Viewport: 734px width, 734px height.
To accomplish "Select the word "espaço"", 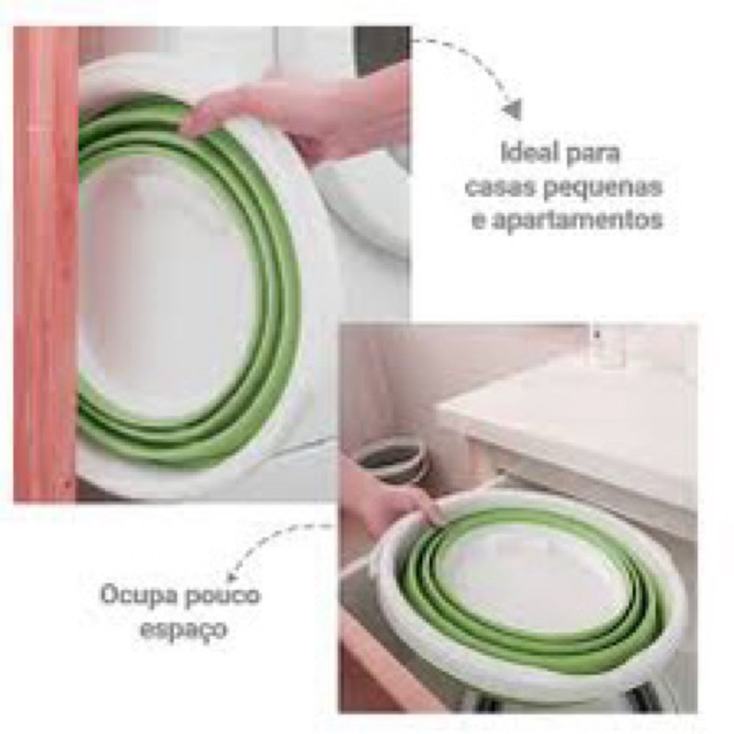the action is pos(183,629).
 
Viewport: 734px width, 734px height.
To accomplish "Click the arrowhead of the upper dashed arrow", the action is pos(513,109).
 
